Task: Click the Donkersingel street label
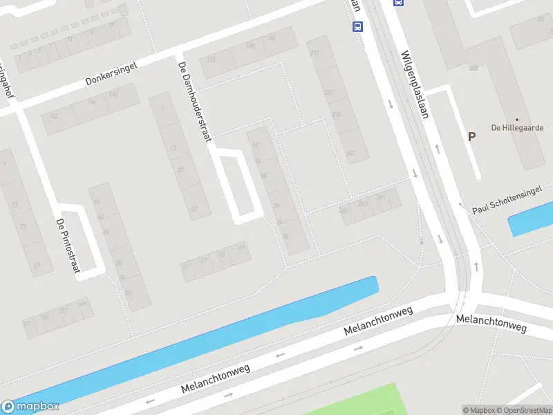(x=111, y=73)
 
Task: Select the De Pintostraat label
(x=68, y=246)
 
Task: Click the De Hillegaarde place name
(x=517, y=128)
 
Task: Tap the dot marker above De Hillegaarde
(x=516, y=119)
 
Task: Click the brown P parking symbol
(x=471, y=136)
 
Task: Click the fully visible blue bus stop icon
(x=357, y=27)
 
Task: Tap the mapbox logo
(x=30, y=407)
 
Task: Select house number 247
(x=350, y=153)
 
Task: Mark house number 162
(x=53, y=116)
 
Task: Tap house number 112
(x=211, y=60)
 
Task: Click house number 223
(x=328, y=92)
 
